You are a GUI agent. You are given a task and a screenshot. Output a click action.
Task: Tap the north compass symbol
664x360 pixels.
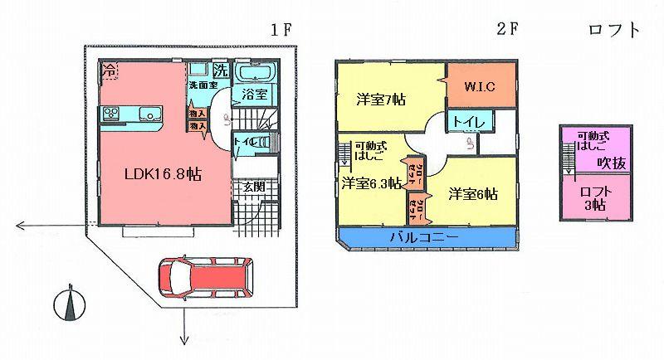[69, 304]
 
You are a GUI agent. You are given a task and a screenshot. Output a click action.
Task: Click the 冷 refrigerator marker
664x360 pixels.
[110, 71]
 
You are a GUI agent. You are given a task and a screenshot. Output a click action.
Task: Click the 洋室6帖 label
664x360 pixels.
[473, 194]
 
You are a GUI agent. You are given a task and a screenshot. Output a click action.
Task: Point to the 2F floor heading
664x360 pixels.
[507, 31]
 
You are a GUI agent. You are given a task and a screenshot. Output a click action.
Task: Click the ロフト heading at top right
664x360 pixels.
[614, 31]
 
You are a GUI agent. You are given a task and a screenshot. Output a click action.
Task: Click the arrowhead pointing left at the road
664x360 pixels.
[22, 225]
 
